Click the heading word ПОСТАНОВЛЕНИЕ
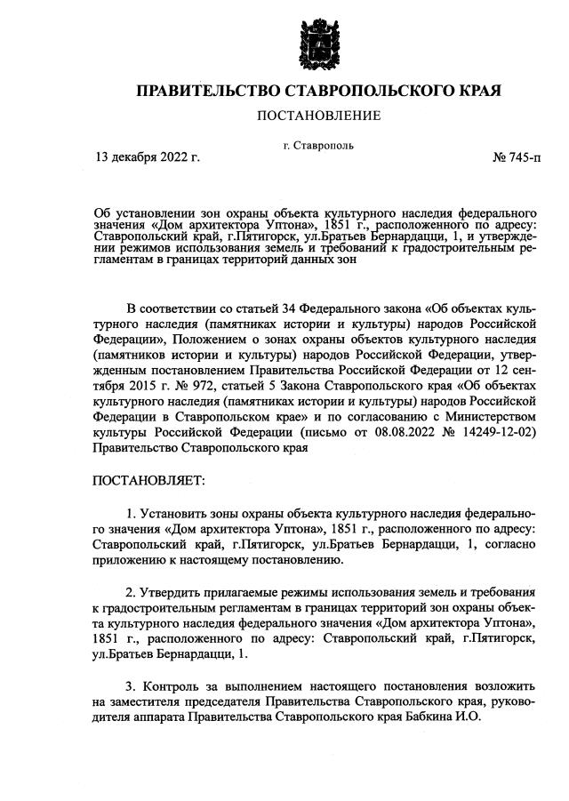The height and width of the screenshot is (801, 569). pyautogui.click(x=318, y=116)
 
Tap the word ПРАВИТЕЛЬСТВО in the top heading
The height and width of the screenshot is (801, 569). pyautogui.click(x=205, y=92)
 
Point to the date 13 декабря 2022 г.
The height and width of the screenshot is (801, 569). pyautogui.click(x=148, y=158)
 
